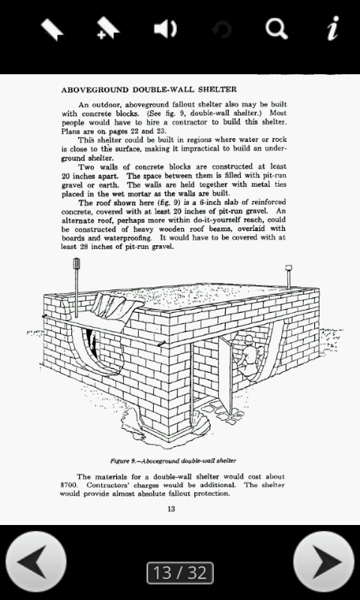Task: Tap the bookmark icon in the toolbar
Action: (51, 29)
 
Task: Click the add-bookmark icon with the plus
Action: (108, 29)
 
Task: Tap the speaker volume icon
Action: (165, 29)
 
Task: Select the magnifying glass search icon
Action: (276, 29)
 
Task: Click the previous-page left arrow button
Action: (35, 562)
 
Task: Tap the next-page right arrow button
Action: (323, 562)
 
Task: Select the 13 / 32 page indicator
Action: (179, 573)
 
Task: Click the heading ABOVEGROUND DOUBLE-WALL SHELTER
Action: (148, 89)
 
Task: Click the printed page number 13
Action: (171, 510)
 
